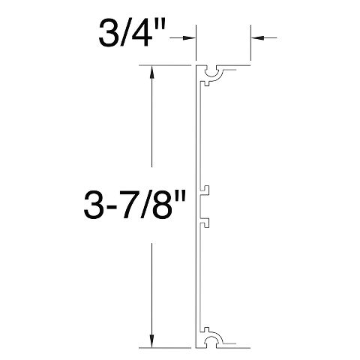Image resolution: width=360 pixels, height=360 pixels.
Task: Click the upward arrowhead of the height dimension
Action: click(x=152, y=72)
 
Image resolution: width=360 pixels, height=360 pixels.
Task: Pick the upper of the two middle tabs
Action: click(x=203, y=191)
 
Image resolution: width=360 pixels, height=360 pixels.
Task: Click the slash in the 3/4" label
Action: click(x=127, y=34)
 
